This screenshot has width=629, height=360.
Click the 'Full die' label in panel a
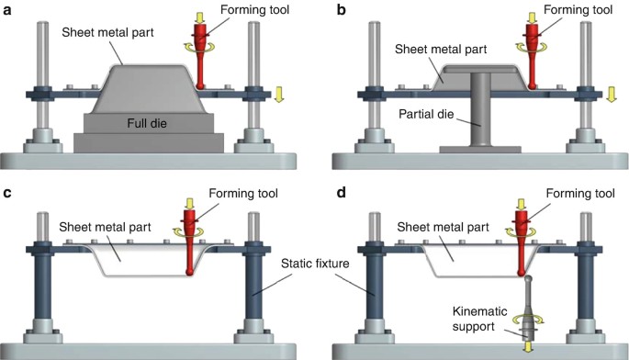point(147,123)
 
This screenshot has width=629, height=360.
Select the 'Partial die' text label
point(426,114)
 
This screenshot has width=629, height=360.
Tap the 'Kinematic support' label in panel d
point(479,319)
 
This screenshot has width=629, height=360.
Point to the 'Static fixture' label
point(315,264)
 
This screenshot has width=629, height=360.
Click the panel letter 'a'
point(6,10)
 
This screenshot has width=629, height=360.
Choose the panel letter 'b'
point(342,9)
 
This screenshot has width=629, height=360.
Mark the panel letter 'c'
point(6,193)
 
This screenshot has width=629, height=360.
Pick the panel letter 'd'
point(342,192)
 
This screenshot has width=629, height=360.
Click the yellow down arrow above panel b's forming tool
point(532,17)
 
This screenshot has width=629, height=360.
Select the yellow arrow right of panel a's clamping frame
point(279,96)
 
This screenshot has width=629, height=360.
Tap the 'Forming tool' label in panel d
point(580,194)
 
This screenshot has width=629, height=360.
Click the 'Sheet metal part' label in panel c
point(105,227)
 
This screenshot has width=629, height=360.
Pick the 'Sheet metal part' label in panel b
point(441,49)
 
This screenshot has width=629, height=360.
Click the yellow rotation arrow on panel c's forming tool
point(188,231)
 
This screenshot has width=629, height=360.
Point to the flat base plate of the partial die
point(480,150)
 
